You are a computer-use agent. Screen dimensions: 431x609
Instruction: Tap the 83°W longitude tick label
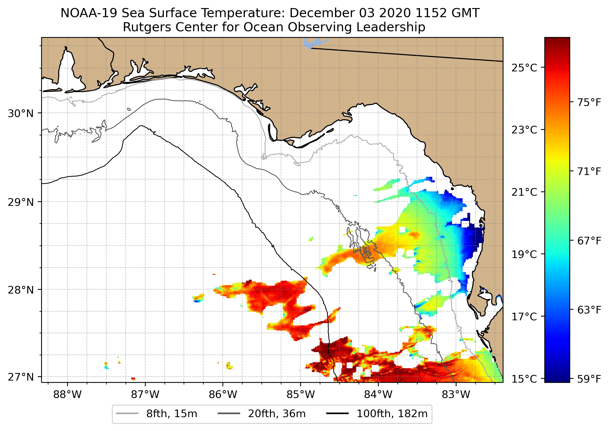coord(456,395)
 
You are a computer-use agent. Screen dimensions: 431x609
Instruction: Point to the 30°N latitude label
coord(21,113)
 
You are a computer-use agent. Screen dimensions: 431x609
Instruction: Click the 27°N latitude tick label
coord(21,377)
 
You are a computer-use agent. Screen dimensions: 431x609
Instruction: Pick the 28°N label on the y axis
coord(21,290)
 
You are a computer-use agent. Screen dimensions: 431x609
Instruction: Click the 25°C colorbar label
coord(524,68)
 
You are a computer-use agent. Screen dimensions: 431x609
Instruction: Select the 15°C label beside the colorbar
coord(524,379)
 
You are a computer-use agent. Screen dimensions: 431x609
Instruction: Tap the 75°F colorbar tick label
coord(589,102)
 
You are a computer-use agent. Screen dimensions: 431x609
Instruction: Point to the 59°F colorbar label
coord(589,379)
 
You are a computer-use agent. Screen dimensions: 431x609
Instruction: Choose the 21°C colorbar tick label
coord(524,192)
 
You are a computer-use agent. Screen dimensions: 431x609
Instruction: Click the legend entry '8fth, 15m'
coord(171,414)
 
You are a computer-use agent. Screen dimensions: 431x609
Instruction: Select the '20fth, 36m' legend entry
coord(277,414)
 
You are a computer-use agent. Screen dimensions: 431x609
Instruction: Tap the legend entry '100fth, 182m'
coord(392,414)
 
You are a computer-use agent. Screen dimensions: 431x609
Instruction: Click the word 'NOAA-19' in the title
coord(89,13)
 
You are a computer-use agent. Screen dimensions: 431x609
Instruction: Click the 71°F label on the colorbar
coord(589,172)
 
